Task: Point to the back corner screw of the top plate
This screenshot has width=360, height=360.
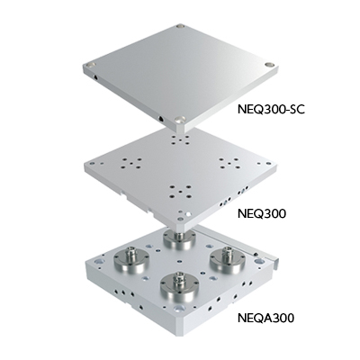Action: click(x=184, y=30)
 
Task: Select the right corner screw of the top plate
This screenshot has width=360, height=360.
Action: click(x=271, y=64)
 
